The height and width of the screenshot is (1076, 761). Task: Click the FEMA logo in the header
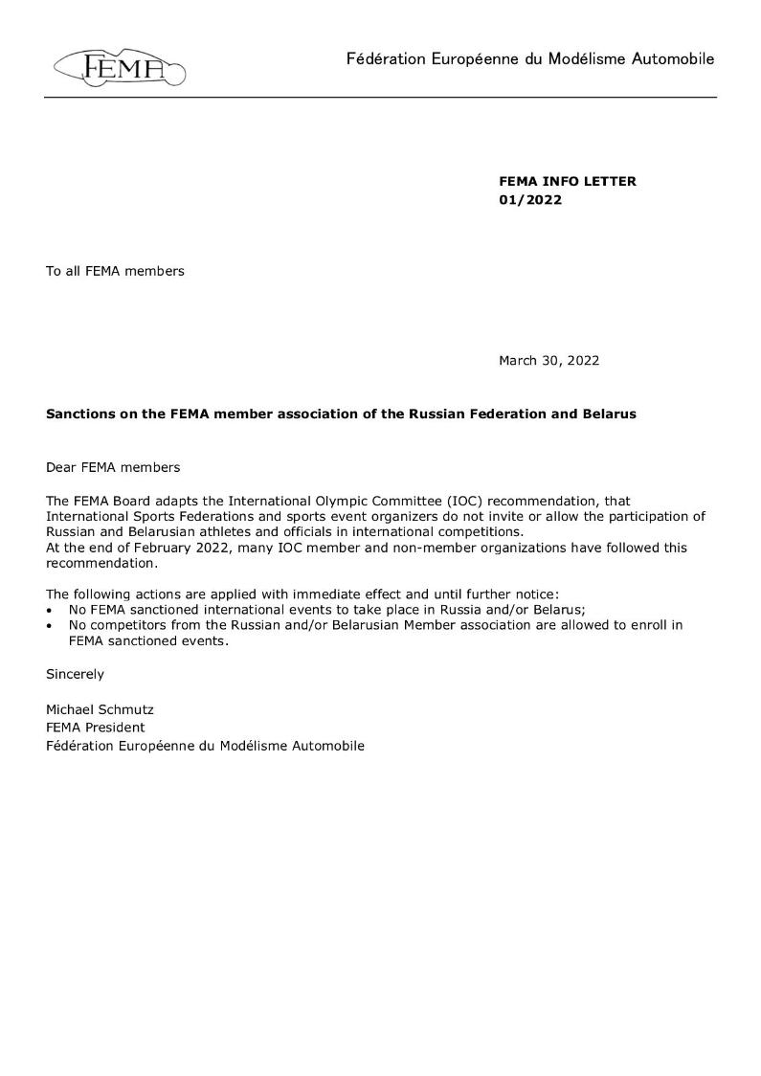(x=120, y=67)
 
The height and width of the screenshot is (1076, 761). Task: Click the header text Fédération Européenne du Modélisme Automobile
(x=530, y=59)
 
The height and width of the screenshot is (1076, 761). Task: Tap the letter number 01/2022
(x=529, y=200)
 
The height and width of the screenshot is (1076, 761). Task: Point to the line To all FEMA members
(x=115, y=271)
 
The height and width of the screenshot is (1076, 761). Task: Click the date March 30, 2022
(x=548, y=361)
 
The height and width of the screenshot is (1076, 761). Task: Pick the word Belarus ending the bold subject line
(x=609, y=415)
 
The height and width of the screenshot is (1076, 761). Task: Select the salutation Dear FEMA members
(x=112, y=467)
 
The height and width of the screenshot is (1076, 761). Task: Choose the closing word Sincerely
(x=75, y=674)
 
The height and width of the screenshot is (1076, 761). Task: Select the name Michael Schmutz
(x=100, y=710)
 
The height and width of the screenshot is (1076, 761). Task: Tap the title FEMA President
(x=96, y=728)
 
